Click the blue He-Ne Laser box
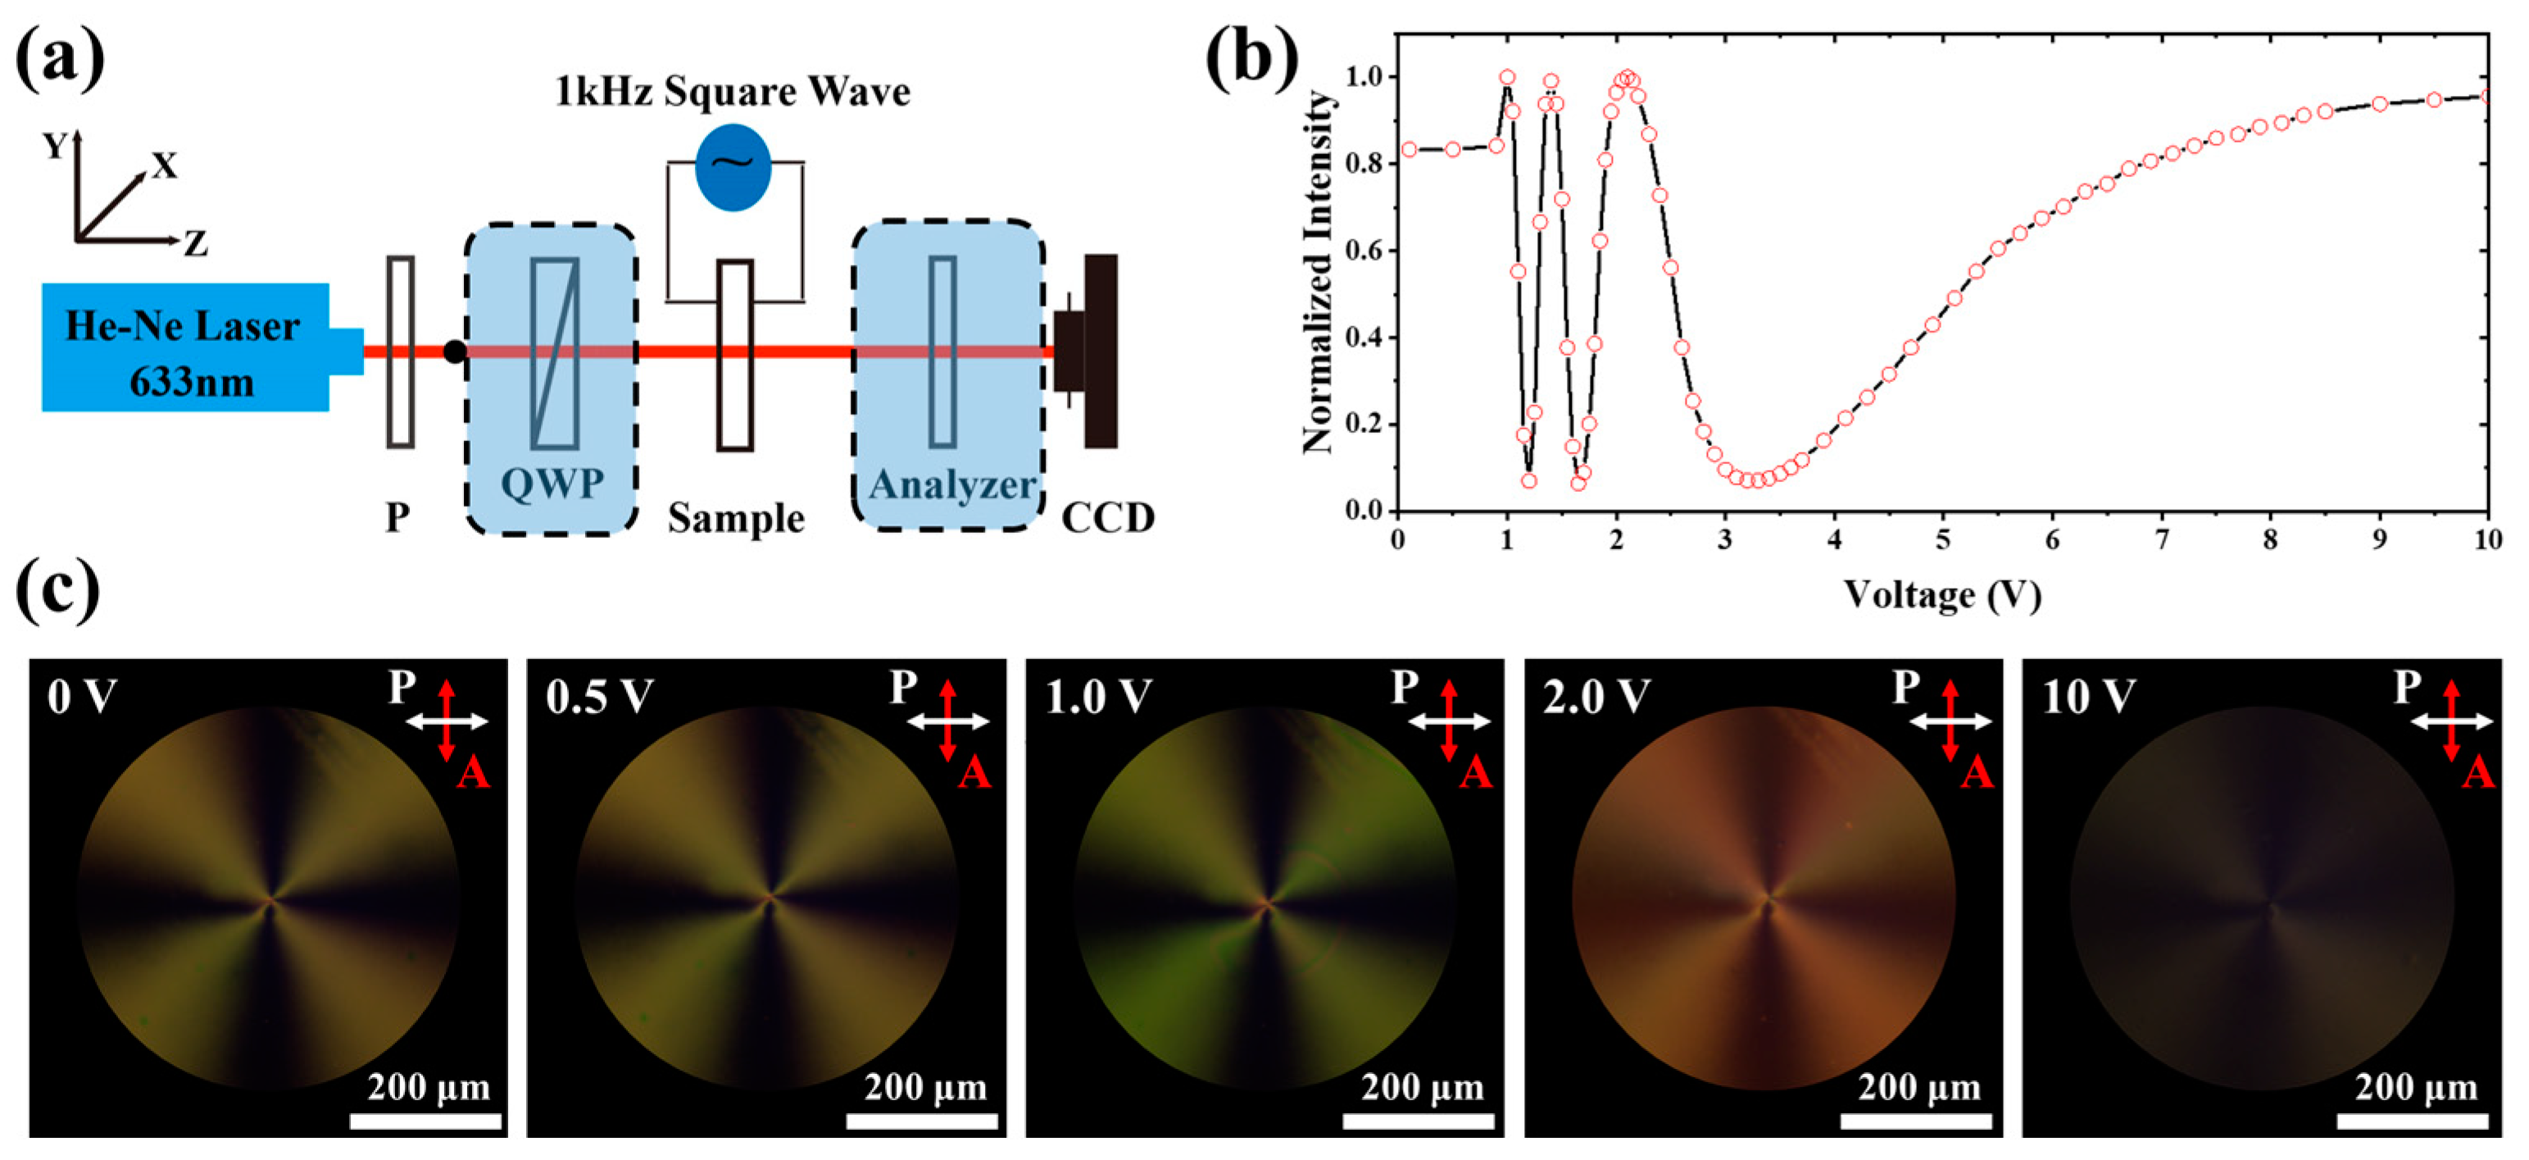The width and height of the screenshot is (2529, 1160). [184, 347]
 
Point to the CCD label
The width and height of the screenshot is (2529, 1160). [1107, 517]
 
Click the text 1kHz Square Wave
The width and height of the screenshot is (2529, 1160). [733, 91]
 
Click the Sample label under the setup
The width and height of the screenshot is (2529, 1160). [735, 517]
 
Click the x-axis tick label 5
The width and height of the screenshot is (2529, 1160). [1942, 540]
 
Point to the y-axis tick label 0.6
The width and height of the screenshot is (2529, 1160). [1364, 251]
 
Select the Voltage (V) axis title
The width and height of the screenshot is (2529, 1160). [1942, 594]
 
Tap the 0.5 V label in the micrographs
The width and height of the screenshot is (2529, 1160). [599, 698]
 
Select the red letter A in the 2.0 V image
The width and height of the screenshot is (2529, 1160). [1977, 774]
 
